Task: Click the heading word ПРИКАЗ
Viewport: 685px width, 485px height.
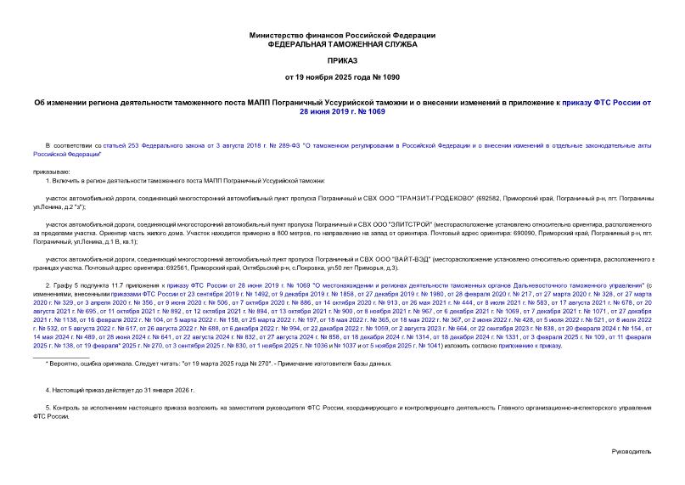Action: [x=342, y=62]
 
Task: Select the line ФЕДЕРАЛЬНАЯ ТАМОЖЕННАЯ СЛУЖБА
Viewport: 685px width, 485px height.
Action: [x=342, y=44]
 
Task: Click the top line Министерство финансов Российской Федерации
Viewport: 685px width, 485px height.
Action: [x=342, y=35]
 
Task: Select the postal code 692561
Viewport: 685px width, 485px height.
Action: [x=228, y=267]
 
